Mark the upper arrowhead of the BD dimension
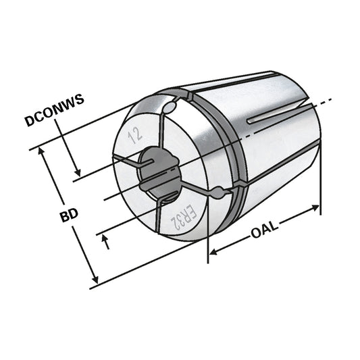tap(45, 151)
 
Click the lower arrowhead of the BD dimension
tap(95, 280)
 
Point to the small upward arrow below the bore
tap(105, 238)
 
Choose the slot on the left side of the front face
tap(125, 159)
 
